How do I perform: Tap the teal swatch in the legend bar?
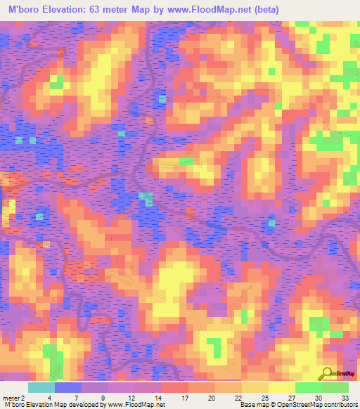click(x=41, y=388)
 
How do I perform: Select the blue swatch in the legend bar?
click(x=68, y=388)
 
